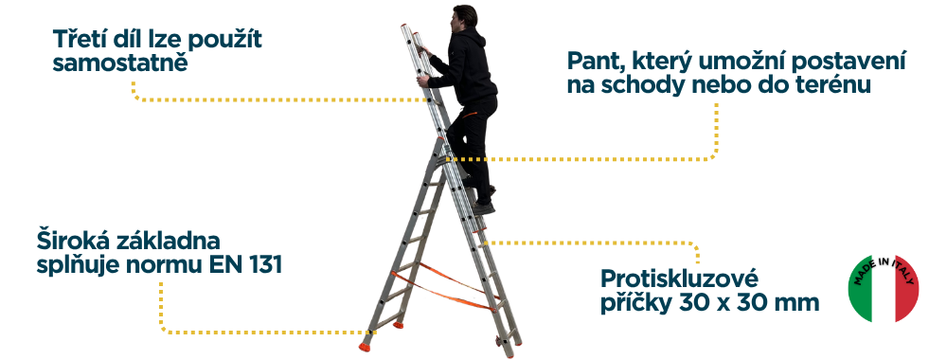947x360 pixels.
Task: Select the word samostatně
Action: [120, 63]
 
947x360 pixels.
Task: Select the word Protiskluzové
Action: [679, 279]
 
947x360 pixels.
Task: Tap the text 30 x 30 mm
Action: [749, 302]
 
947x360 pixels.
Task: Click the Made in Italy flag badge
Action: [883, 288]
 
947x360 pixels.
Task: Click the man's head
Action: [464, 18]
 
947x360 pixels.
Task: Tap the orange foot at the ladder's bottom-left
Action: [365, 347]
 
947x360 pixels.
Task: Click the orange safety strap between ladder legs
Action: [446, 290]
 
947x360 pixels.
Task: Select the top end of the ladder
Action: [406, 27]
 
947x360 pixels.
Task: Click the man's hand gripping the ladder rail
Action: [422, 81]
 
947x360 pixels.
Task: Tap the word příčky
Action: [636, 302]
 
